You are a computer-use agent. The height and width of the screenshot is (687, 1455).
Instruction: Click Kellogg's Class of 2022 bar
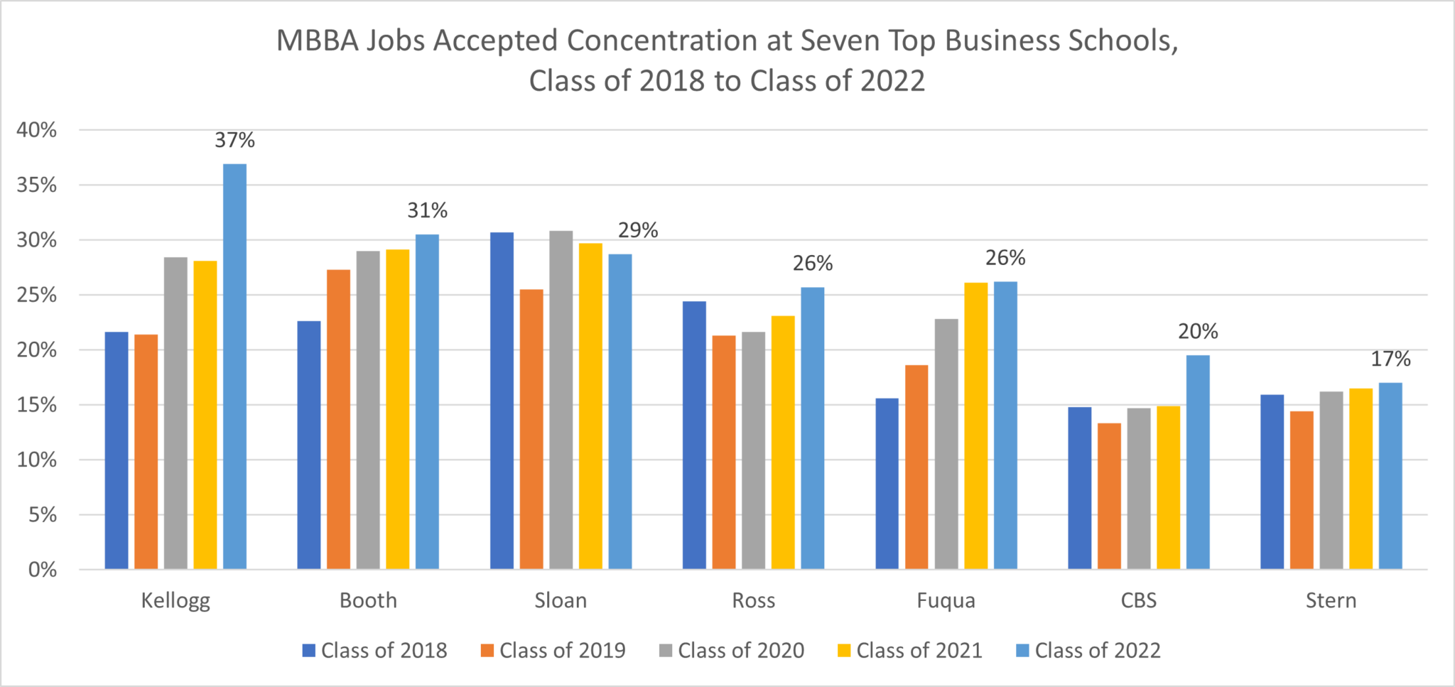click(234, 366)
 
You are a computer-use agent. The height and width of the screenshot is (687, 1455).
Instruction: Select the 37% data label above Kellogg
click(234, 140)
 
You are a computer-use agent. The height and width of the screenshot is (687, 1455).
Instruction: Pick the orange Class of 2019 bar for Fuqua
click(916, 467)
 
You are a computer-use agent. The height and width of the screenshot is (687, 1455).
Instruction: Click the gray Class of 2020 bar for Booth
click(368, 410)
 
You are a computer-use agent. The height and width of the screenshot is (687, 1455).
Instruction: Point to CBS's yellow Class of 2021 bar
click(1168, 487)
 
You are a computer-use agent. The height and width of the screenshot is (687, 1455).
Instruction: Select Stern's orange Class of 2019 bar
click(1302, 490)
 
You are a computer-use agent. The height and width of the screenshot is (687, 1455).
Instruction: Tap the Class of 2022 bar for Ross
click(813, 428)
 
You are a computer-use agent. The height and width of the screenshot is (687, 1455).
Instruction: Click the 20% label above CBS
click(1198, 331)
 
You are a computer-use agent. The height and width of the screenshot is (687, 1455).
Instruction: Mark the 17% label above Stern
click(1390, 359)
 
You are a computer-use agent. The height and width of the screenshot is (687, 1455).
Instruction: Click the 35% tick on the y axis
click(37, 185)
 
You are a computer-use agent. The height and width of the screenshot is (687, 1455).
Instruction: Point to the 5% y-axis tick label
click(43, 514)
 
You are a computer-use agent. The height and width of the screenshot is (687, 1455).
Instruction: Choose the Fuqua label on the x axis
click(946, 600)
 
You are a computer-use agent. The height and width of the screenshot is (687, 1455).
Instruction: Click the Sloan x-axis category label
click(561, 600)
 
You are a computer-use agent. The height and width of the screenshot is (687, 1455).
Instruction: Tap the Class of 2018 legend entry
click(375, 650)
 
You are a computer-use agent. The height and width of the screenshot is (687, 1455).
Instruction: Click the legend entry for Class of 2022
click(1089, 650)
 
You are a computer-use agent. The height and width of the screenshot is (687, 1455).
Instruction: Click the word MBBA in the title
click(317, 40)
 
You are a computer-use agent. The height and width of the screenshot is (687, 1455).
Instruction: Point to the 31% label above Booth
click(427, 210)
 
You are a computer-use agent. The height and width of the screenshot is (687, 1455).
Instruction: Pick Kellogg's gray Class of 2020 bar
click(175, 413)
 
